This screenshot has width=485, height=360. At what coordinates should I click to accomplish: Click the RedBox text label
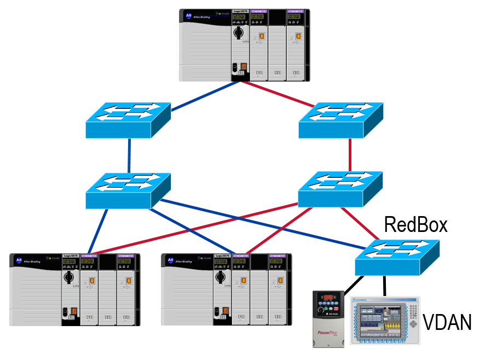(x=415, y=224)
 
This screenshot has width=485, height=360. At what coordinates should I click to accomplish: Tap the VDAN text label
(x=447, y=322)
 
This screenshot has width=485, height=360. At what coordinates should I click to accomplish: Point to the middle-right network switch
(x=340, y=189)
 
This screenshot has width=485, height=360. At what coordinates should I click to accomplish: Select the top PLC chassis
(x=244, y=45)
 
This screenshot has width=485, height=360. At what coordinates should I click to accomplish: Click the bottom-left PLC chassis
(x=75, y=290)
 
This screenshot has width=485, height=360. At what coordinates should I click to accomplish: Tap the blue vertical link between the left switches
(x=130, y=155)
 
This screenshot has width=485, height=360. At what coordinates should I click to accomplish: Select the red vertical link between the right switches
(x=350, y=155)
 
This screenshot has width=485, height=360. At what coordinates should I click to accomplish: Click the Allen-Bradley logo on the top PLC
(x=189, y=16)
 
